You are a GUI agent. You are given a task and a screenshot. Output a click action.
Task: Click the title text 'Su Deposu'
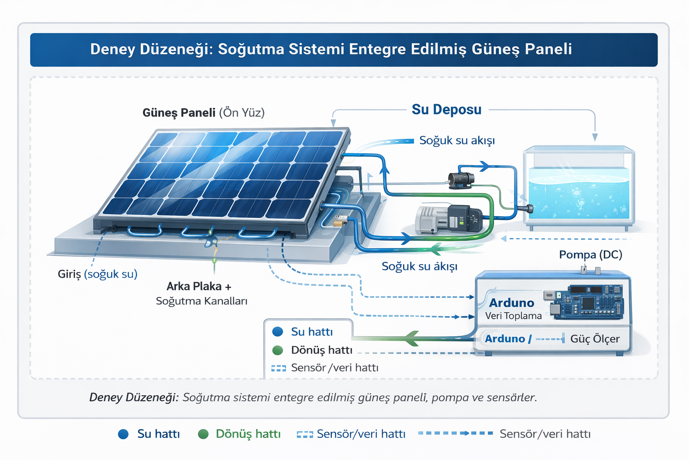(446, 110)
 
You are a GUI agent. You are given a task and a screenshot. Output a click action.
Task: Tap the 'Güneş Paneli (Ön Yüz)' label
(203, 113)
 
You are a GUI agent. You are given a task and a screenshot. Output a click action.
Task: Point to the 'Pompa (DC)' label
(591, 255)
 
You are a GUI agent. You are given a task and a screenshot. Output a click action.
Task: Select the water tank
(579, 188)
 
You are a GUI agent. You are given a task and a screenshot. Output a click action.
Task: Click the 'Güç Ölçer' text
(595, 339)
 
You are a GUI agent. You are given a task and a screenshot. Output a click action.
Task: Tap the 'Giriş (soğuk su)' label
(97, 274)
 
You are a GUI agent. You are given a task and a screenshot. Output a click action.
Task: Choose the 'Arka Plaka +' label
(199, 287)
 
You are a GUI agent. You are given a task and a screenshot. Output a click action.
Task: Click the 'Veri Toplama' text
(513, 316)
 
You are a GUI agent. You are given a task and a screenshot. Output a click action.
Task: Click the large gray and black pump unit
(449, 219)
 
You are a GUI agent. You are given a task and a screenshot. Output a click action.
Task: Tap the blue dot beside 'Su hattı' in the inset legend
(278, 332)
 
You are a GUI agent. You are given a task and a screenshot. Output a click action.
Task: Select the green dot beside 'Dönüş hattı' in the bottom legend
(203, 434)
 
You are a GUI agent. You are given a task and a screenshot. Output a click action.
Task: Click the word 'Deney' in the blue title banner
(112, 49)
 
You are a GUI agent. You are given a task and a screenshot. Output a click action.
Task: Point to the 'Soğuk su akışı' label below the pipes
(419, 266)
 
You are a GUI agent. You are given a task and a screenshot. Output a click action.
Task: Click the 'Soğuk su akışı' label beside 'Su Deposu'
(457, 141)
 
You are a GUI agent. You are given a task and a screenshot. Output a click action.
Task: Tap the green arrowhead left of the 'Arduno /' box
(411, 338)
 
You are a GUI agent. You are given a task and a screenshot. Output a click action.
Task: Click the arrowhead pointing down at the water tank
(595, 137)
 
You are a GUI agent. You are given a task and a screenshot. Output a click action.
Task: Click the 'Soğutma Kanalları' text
(201, 301)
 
